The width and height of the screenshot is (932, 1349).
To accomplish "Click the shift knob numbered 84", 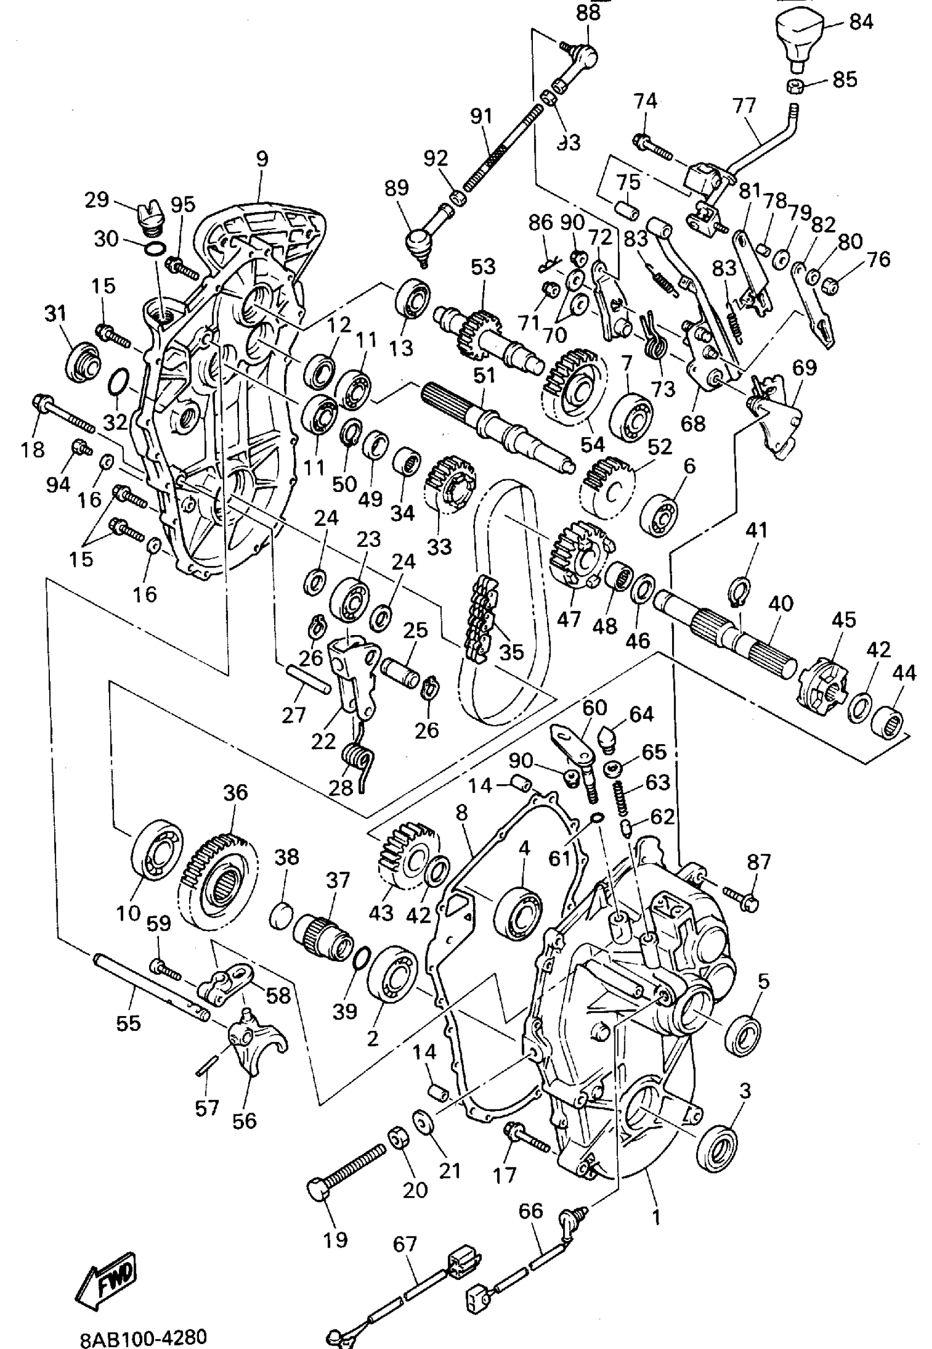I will click(798, 36).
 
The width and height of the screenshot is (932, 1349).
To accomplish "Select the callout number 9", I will click(262, 159).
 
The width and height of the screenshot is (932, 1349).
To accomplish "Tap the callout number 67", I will click(404, 1244).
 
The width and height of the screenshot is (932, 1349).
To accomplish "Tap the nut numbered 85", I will click(797, 84).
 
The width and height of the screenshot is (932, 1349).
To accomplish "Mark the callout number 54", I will click(592, 444).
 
